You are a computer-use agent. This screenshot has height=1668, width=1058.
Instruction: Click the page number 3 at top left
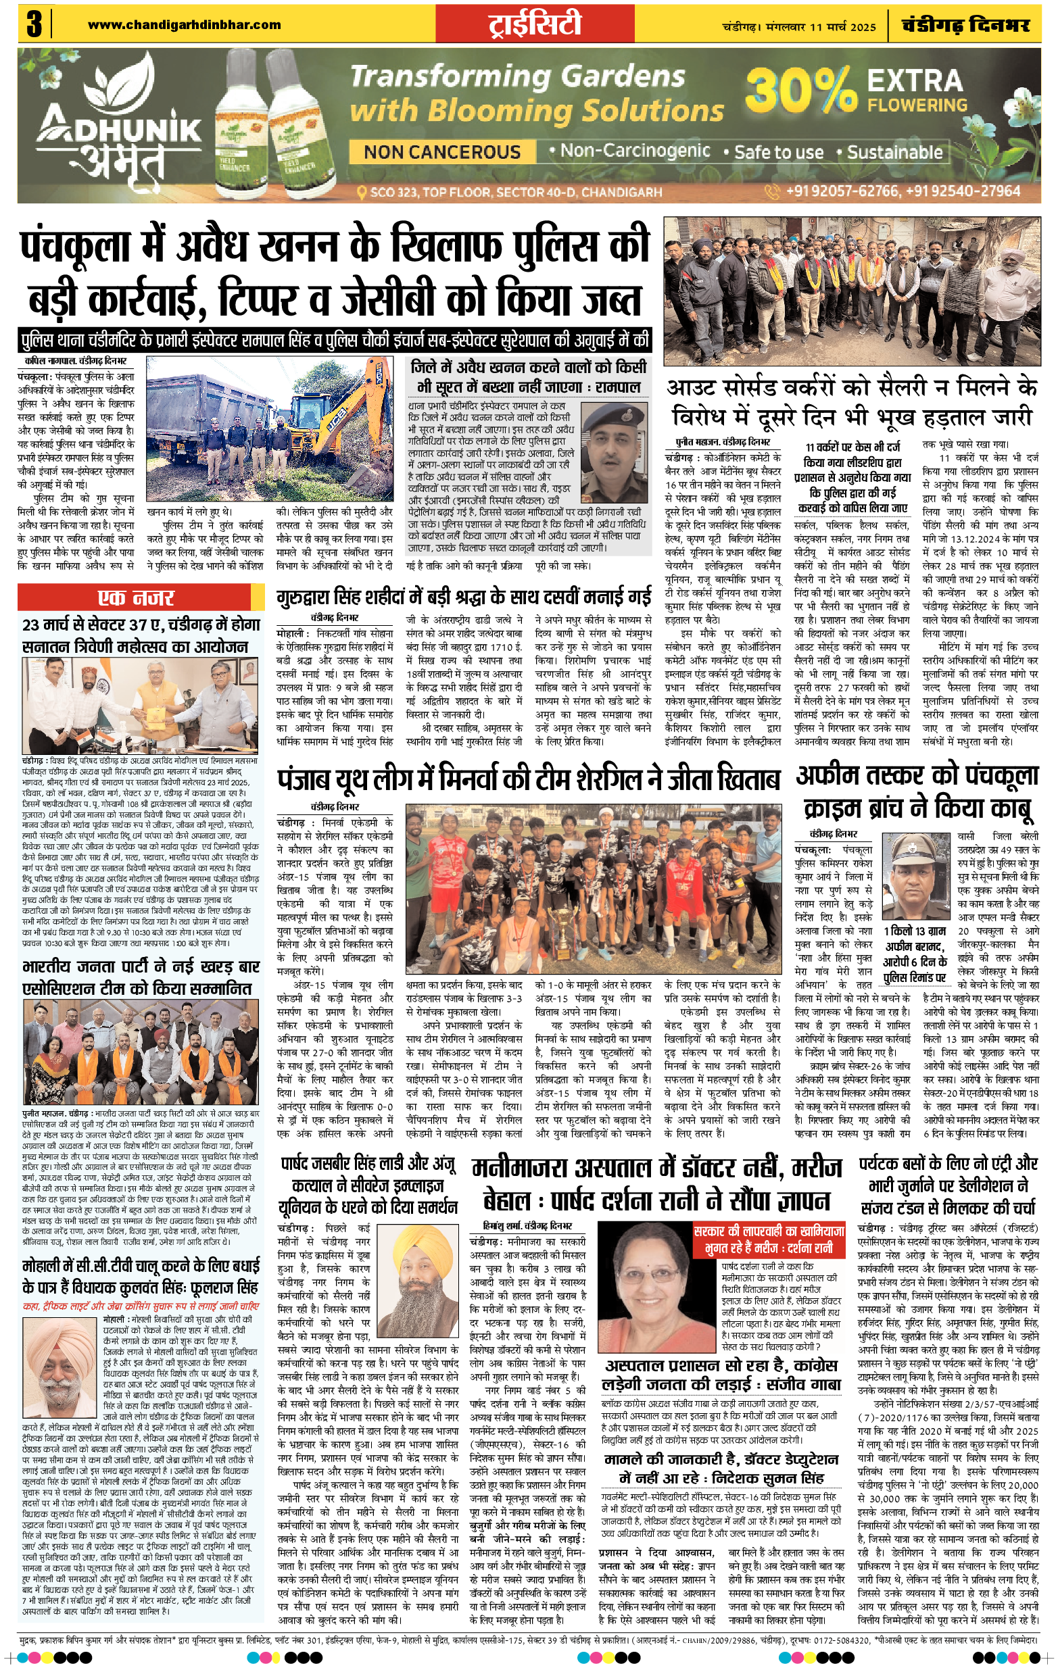point(33,25)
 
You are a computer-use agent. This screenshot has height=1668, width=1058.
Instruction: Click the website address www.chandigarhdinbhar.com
point(185,25)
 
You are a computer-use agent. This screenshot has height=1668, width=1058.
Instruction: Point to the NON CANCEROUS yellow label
point(442,151)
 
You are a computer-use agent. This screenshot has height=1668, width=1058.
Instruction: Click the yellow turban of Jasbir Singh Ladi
point(422,1262)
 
